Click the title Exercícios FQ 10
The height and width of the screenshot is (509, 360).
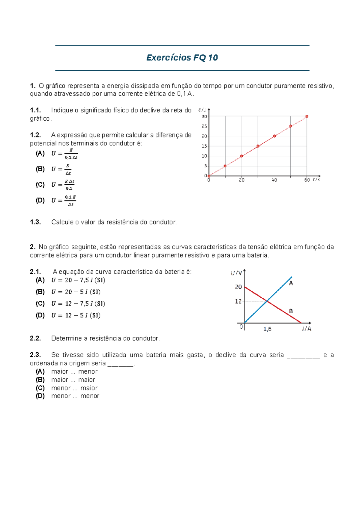click(182, 58)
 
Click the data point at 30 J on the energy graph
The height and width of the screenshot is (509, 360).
click(307, 116)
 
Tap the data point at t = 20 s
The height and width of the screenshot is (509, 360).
click(241, 156)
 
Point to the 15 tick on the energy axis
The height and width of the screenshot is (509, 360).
click(204, 146)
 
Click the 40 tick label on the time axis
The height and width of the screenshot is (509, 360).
click(274, 180)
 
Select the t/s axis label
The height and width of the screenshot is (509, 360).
click(316, 180)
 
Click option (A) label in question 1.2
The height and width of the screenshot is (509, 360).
click(40, 153)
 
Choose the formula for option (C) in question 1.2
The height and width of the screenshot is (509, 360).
click(63, 185)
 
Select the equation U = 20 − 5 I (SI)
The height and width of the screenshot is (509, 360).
click(76, 292)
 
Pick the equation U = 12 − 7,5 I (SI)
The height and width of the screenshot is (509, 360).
click(78, 303)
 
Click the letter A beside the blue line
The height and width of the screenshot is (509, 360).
click(291, 283)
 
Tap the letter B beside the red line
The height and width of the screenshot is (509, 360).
click(291, 311)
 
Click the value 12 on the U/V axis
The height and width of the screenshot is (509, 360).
click(238, 301)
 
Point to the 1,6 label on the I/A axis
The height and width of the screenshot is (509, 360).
click(267, 329)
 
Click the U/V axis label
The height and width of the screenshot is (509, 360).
click(236, 273)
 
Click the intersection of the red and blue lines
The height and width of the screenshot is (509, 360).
click(267, 301)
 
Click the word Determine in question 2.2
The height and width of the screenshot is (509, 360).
click(66, 338)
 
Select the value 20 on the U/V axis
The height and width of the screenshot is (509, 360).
click(238, 287)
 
